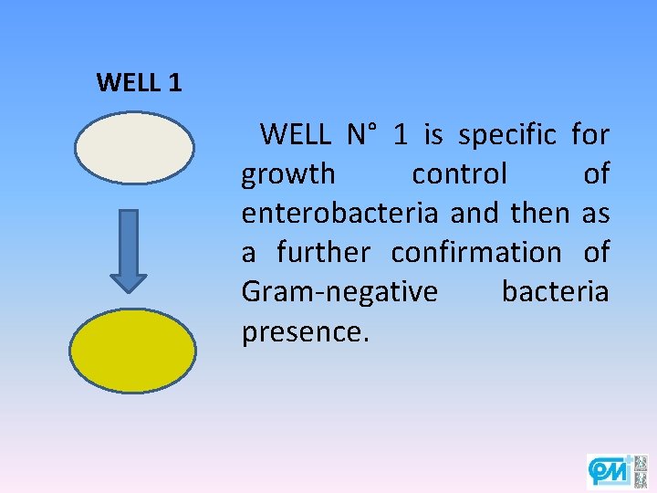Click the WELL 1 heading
139,83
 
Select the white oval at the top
134,148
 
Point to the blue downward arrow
129,249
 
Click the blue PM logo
609,470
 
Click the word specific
507,136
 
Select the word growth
287,174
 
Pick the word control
459,174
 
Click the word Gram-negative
339,292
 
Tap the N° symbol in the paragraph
361,136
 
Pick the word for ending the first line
590,136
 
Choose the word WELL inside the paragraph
295,136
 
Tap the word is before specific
433,136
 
